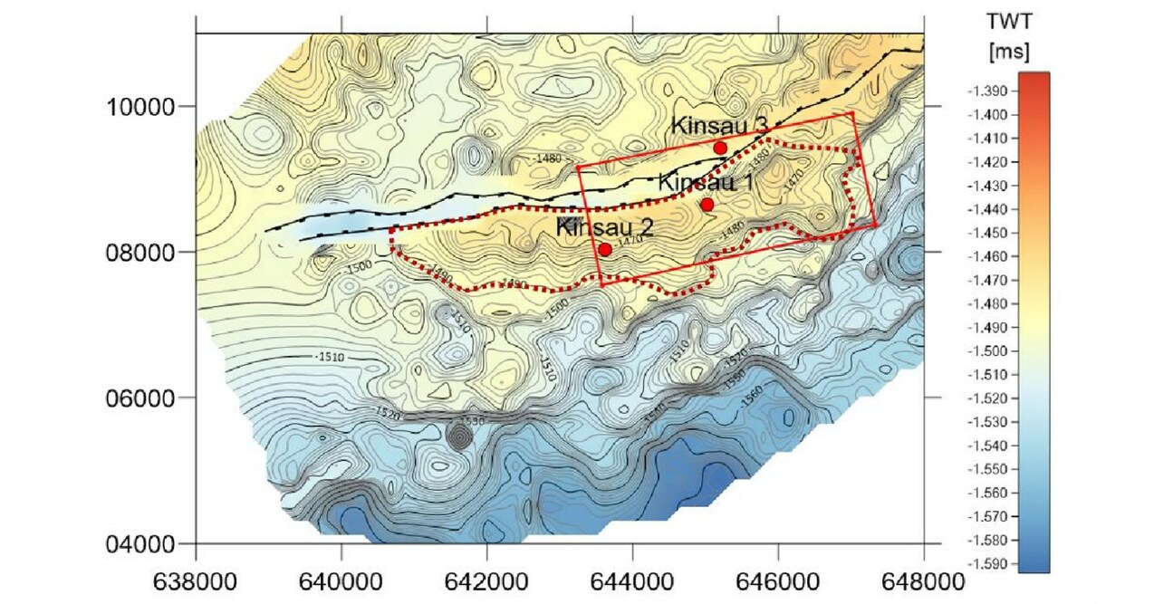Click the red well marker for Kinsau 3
click(x=720, y=148)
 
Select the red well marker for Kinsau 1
click(x=707, y=205)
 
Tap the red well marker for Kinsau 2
click(x=604, y=249)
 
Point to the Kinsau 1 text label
click(x=706, y=182)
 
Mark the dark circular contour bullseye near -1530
click(x=460, y=437)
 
